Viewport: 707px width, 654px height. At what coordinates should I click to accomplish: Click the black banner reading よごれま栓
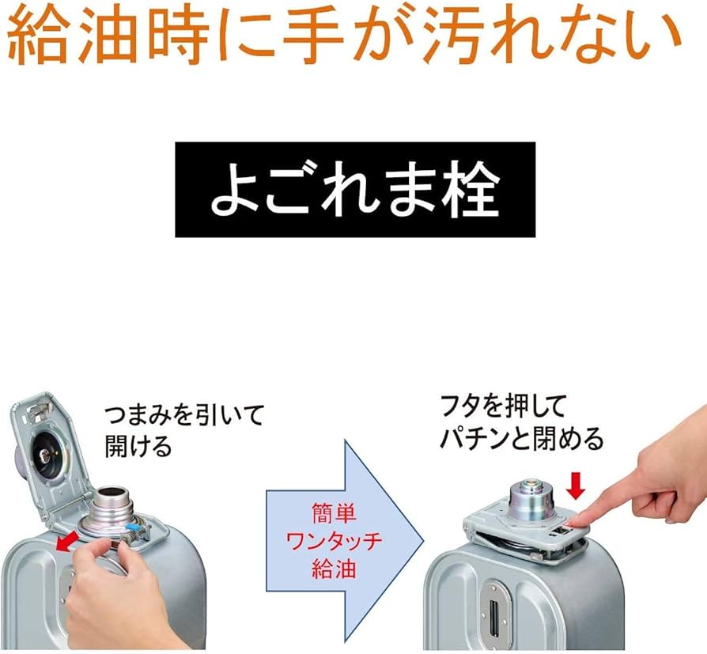[x=355, y=189]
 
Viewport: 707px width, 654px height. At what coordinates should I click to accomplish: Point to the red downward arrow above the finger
[x=576, y=486]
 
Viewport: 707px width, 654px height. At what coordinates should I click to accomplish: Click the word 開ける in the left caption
[x=138, y=446]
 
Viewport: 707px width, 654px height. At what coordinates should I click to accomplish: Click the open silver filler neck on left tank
[x=112, y=506]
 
